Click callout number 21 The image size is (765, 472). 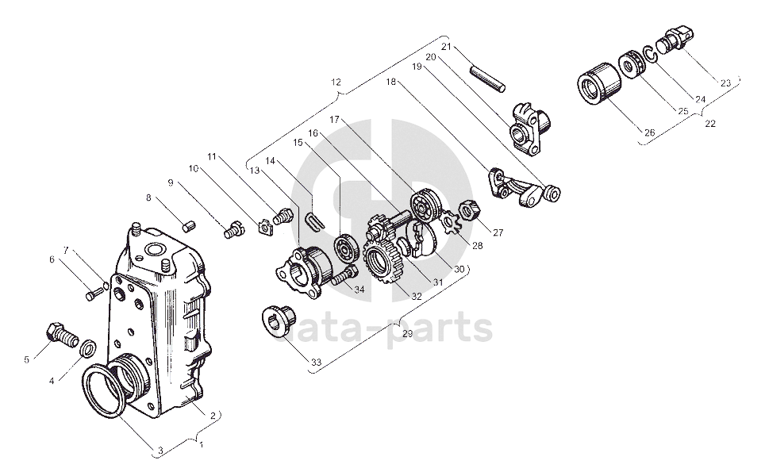tap(445, 47)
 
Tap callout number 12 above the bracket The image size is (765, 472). tap(336, 82)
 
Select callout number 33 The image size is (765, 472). tap(316, 362)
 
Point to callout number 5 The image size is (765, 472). tap(26, 359)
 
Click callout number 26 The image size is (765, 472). tap(648, 132)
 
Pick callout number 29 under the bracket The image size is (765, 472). tap(407, 334)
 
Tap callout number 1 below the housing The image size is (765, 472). tap(201, 445)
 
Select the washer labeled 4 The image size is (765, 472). tap(89, 347)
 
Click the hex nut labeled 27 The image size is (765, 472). tap(469, 209)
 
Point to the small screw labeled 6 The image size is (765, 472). tap(90, 295)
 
